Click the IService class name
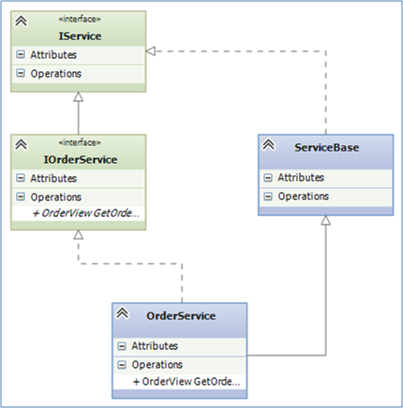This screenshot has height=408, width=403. [x=80, y=36]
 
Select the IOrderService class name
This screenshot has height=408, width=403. [x=81, y=160]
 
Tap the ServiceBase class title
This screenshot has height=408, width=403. [x=327, y=147]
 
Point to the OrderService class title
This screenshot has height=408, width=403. [x=181, y=315]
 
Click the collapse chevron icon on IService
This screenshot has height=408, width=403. [x=22, y=21]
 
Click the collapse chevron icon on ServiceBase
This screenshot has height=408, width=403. [x=269, y=144]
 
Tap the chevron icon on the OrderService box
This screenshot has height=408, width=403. [x=123, y=313]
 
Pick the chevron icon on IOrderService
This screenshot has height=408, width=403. [x=22, y=144]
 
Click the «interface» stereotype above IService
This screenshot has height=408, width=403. [x=80, y=19]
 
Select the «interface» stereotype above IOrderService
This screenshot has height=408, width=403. [x=80, y=142]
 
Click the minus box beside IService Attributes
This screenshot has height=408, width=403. [x=21, y=54]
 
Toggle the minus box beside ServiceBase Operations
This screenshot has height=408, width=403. [x=268, y=197]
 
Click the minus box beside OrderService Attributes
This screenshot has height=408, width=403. [x=122, y=346]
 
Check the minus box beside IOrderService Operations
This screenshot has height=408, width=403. [x=21, y=197]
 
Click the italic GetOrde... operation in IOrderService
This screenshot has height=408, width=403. [x=86, y=213]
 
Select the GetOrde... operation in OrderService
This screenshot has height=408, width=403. [x=187, y=382]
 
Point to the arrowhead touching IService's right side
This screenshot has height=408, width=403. [x=151, y=51]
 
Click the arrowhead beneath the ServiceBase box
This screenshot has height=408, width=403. [x=326, y=220]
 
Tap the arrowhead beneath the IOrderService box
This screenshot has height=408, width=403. [x=79, y=235]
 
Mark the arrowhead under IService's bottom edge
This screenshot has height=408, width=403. [x=79, y=96]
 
